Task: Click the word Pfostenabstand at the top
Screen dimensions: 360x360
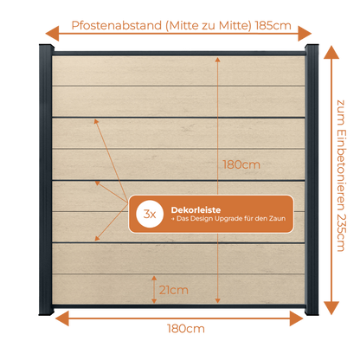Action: pyautogui.click(x=117, y=26)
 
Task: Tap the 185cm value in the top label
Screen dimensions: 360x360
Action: pyautogui.click(x=273, y=26)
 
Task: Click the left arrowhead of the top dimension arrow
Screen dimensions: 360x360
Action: pyautogui.click(x=52, y=34)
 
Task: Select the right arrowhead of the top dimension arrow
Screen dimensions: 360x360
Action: pyautogui.click(x=305, y=34)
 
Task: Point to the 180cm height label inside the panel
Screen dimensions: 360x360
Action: pyautogui.click(x=241, y=164)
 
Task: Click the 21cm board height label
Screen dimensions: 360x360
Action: pyautogui.click(x=174, y=290)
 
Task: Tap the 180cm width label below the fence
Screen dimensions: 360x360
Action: pyautogui.click(x=186, y=329)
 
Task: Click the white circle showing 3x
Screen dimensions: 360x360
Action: pyautogui.click(x=150, y=214)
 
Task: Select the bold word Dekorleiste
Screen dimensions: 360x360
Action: pyautogui.click(x=196, y=209)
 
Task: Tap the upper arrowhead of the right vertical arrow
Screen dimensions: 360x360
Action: pyautogui.click(x=331, y=52)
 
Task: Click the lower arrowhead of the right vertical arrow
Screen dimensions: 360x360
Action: pyautogui.click(x=331, y=308)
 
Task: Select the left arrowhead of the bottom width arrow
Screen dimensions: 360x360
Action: pyautogui.click(x=62, y=318)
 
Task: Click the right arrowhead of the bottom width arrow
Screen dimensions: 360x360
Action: pyautogui.click(x=296, y=318)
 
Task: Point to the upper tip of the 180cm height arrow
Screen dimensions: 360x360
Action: pyautogui.click(x=218, y=57)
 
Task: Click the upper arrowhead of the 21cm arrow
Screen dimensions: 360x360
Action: pyautogui.click(x=154, y=278)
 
